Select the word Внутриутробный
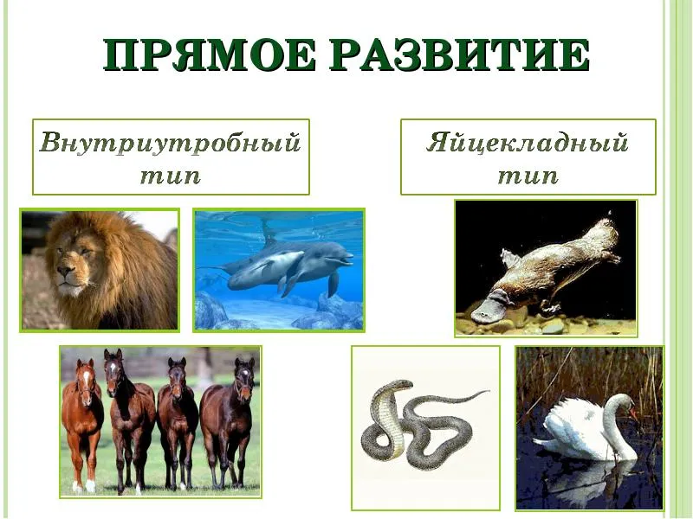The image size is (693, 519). click(171, 144)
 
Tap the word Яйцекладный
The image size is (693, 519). click(528, 143)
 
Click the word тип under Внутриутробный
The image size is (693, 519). click(171, 176)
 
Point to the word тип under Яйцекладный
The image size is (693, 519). click(528, 176)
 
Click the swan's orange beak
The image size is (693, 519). click(633, 414)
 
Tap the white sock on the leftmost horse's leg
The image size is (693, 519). click(90, 485)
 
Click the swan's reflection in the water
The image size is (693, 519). click(588, 481)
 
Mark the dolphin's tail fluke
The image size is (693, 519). click(210, 267)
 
